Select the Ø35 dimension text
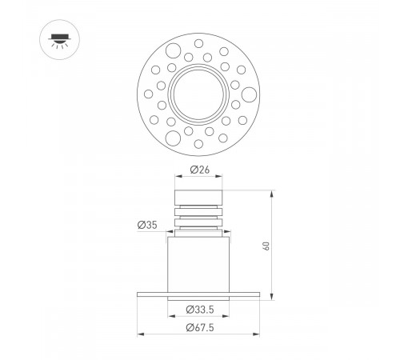point(146,225)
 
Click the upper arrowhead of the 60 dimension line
point(273,193)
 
